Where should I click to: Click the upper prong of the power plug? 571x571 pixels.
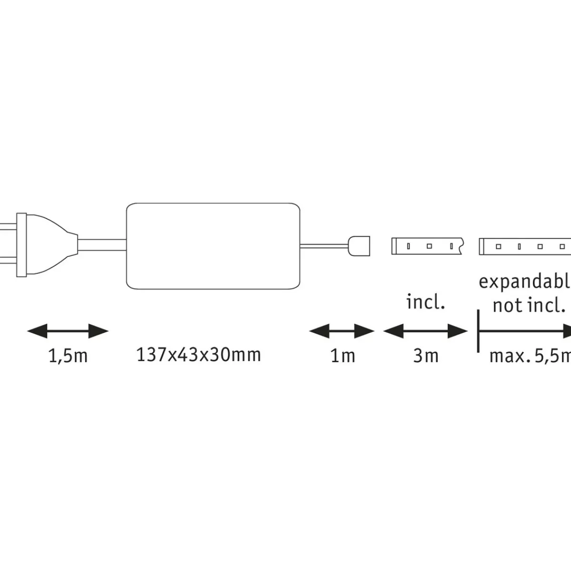click(9, 226)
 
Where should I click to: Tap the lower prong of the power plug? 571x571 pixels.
click(9, 261)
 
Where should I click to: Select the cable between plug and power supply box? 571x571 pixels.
click(102, 244)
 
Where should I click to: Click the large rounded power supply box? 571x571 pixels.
click(213, 246)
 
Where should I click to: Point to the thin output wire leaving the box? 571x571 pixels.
click(324, 246)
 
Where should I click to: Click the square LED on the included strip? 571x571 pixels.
click(429, 246)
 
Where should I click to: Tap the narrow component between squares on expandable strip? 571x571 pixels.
click(519, 246)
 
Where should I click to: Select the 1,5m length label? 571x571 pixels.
click(68, 356)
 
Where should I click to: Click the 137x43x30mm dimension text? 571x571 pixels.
click(198, 355)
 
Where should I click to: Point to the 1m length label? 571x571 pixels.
click(343, 356)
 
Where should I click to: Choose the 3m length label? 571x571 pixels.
click(425, 356)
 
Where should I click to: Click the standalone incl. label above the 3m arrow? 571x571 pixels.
click(425, 303)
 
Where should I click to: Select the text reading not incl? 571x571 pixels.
click(528, 305)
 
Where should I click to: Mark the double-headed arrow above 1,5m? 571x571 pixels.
click(68, 331)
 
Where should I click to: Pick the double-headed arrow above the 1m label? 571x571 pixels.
click(342, 331)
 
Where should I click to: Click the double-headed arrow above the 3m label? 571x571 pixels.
click(425, 331)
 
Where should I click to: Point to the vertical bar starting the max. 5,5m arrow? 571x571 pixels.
click(478, 331)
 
